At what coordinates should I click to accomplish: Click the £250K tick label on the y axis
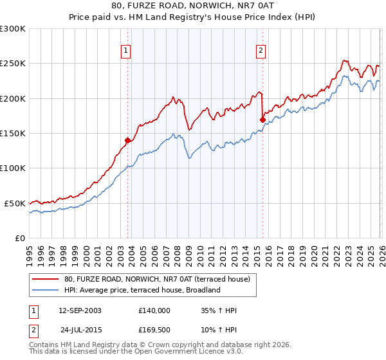tap(13, 64)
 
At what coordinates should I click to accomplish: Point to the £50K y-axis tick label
tap(15, 203)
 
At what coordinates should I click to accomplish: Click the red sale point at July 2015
tap(262, 120)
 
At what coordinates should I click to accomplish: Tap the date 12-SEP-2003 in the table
tap(80, 310)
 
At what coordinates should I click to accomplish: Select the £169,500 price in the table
tap(154, 328)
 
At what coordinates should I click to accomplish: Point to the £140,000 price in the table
tap(154, 310)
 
